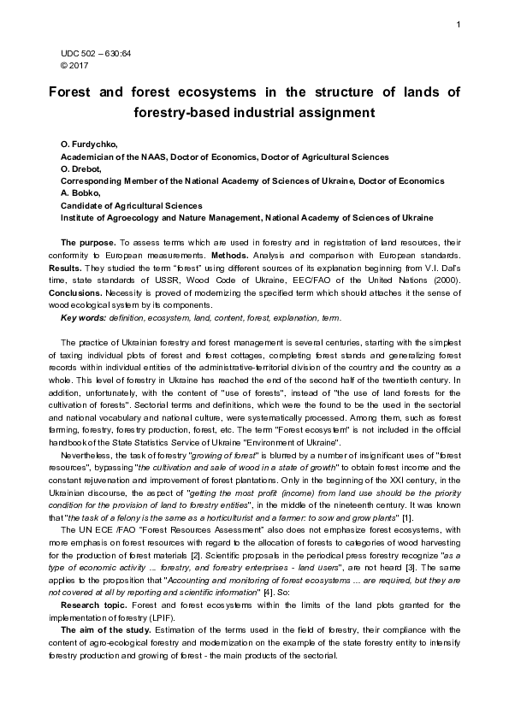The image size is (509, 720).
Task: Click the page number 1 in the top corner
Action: (x=459, y=22)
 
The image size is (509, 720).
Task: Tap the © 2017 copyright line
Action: (x=74, y=63)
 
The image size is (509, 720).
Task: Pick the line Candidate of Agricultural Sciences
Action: (x=131, y=205)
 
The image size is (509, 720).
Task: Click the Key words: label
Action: (x=83, y=318)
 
